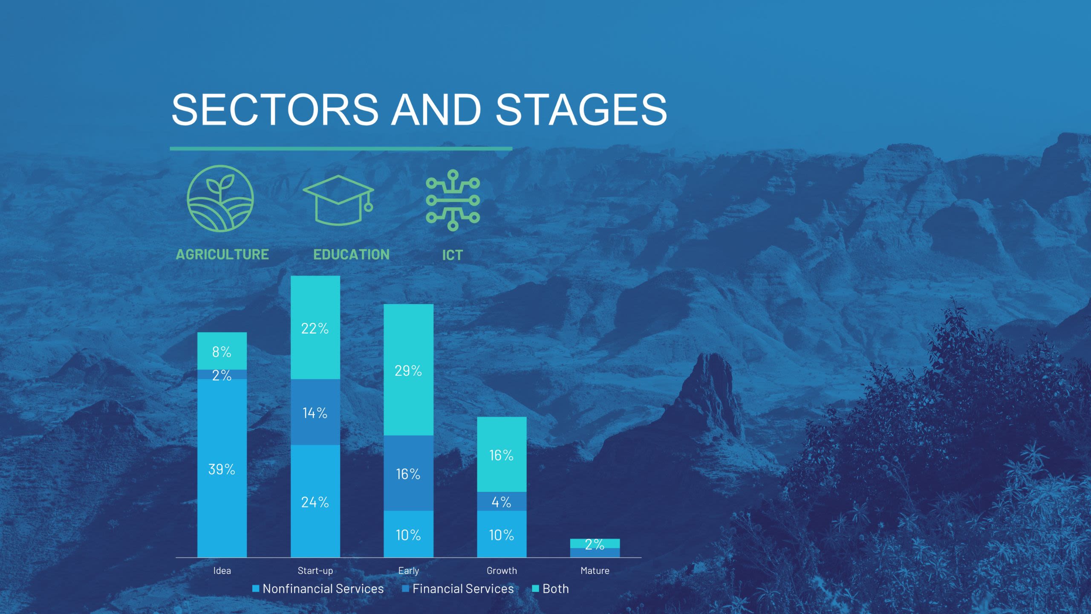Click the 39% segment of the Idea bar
pyautogui.click(x=222, y=468)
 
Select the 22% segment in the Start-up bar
pyautogui.click(x=315, y=327)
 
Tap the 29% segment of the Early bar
pyautogui.click(x=408, y=370)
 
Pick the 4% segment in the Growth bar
pyautogui.click(x=502, y=501)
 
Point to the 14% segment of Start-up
pyautogui.click(x=315, y=412)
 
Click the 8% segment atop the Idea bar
pyautogui.click(x=222, y=351)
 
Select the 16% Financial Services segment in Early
pyautogui.click(x=408, y=473)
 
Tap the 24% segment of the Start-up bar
pyautogui.click(x=315, y=501)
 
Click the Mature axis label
pyautogui.click(x=595, y=571)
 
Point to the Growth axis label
pyautogui.click(x=502, y=571)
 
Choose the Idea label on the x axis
pyautogui.click(x=222, y=571)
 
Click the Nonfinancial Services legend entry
pyautogui.click(x=318, y=589)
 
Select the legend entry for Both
pyautogui.click(x=551, y=589)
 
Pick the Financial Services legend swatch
pyautogui.click(x=405, y=589)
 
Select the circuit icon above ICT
pyautogui.click(x=453, y=200)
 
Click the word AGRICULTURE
pyautogui.click(x=222, y=255)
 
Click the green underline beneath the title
pyautogui.click(x=341, y=149)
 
